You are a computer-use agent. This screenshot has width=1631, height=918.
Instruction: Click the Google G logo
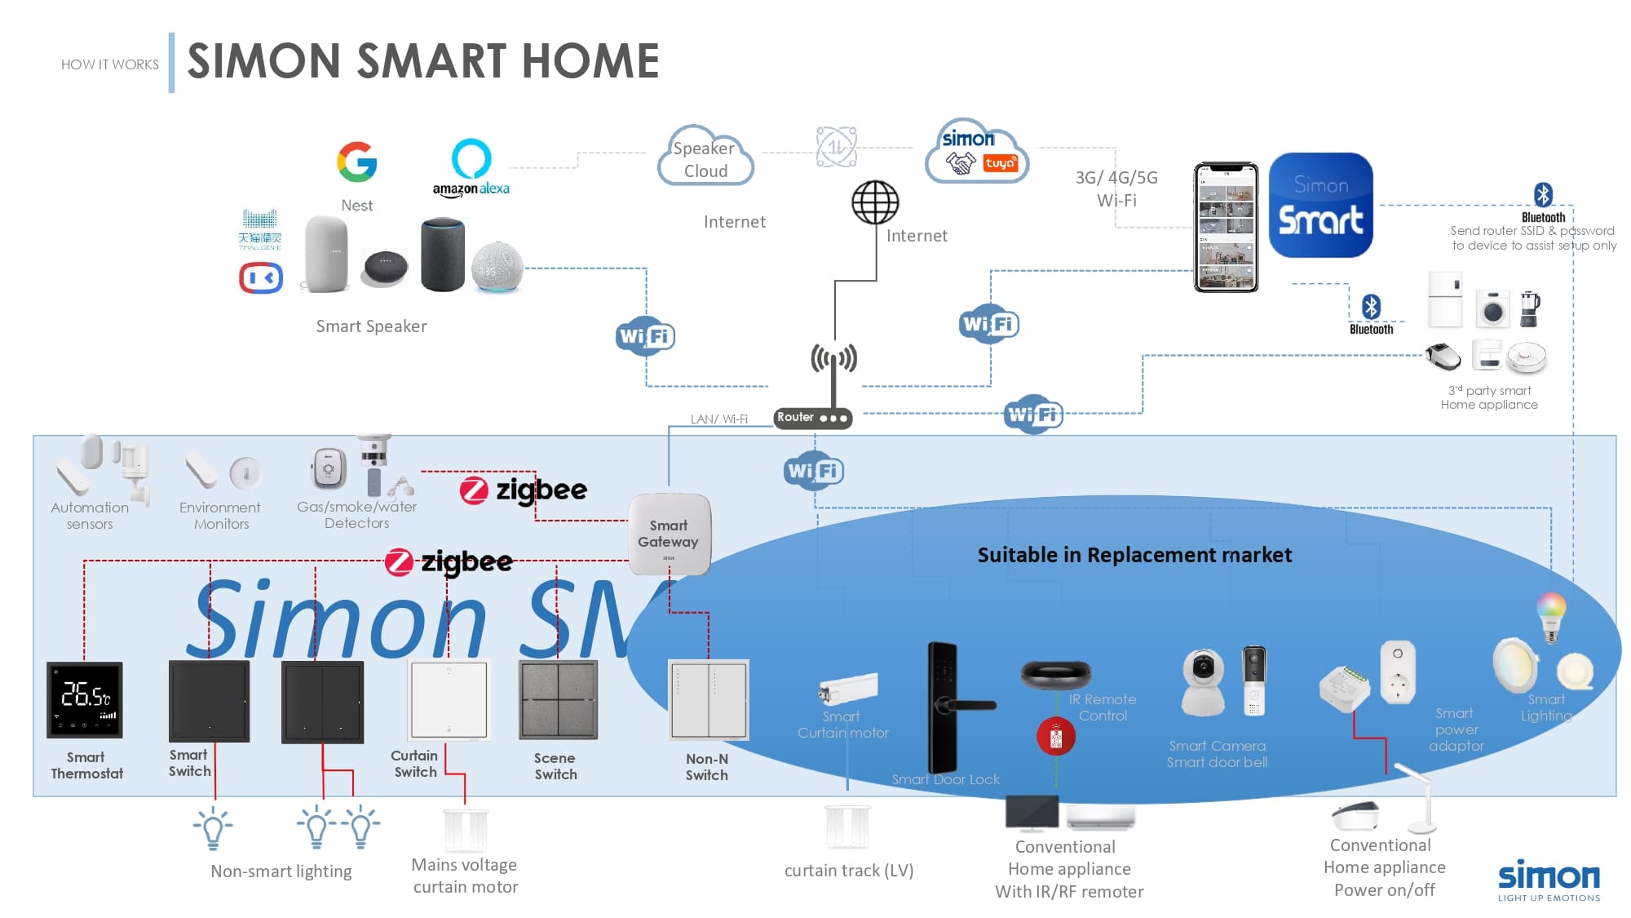point(356,162)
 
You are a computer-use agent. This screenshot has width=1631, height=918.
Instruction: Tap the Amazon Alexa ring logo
point(471,158)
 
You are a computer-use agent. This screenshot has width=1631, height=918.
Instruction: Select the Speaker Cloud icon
point(705,157)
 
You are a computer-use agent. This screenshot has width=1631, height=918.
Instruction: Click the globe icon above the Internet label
point(875,202)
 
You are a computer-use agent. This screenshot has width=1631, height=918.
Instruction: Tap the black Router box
point(812,418)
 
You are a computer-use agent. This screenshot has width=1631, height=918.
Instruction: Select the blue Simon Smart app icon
point(1320,206)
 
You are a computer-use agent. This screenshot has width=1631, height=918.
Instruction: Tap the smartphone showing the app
point(1226,228)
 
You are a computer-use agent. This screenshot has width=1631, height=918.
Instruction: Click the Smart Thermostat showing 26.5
point(85,699)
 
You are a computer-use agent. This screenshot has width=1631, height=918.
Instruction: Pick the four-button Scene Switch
point(558,700)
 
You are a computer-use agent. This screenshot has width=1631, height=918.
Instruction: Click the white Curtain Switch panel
point(449,700)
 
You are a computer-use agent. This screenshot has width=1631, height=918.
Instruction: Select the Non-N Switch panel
point(708,700)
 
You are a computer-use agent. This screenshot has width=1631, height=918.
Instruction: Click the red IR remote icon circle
point(1055,736)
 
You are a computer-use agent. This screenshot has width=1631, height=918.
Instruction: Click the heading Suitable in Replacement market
point(1134,555)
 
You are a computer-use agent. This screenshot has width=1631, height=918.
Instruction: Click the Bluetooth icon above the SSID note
point(1542,195)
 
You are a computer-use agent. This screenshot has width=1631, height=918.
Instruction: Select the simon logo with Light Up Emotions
point(1548,880)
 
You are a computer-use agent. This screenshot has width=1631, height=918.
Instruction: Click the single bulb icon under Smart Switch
point(213,827)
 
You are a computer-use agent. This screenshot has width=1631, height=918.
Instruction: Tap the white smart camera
point(1203,681)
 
